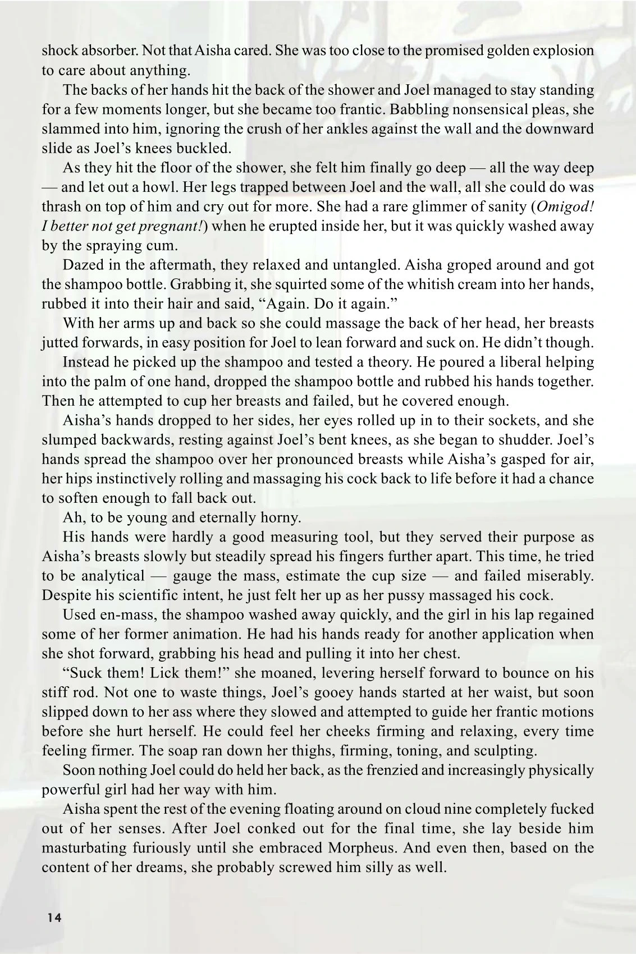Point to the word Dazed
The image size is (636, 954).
(x=83, y=264)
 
